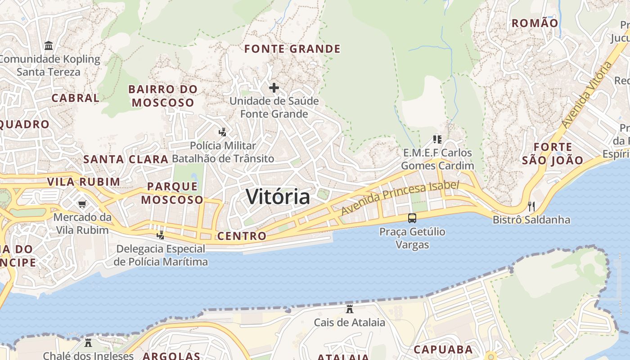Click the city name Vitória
point(278,197)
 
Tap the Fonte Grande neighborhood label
point(292,49)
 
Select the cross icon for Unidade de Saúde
point(274,87)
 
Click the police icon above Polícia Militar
point(222,132)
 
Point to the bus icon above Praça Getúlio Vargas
point(412,218)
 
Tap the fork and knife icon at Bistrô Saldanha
point(531,207)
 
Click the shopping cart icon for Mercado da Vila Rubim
point(82,204)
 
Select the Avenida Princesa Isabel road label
point(400,198)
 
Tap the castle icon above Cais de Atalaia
point(349,309)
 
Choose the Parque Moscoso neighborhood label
point(172,193)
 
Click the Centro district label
point(242,236)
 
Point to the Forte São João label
point(553,153)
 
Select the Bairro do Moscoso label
point(163,96)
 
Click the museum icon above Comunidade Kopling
point(49,46)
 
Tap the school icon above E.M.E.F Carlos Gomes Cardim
point(437,139)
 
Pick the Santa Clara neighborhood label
point(126,159)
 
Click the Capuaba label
point(443,349)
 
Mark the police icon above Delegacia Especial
point(160,235)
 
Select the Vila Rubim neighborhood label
point(84,182)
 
